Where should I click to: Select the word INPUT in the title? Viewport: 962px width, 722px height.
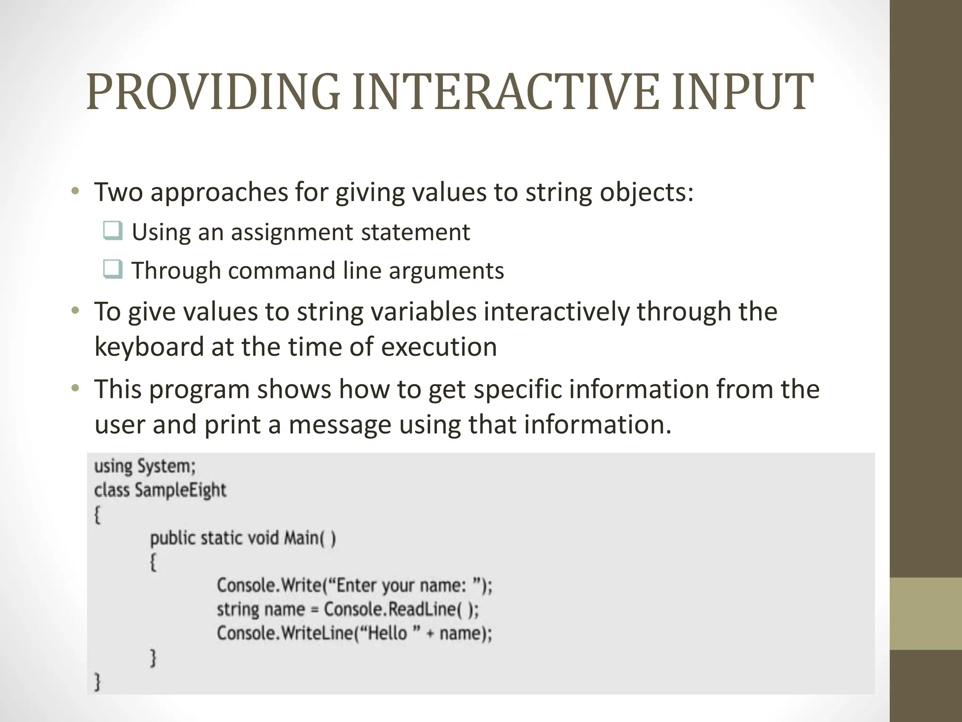[x=742, y=93]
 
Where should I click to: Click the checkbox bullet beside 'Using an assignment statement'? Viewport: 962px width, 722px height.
[x=113, y=231]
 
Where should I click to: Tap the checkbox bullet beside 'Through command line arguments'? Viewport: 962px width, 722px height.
[x=113, y=269]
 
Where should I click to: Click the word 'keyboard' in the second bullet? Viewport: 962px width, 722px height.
[x=149, y=347]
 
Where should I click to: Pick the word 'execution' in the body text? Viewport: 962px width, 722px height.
[x=439, y=347]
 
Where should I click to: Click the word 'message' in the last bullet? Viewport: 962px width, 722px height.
[x=340, y=424]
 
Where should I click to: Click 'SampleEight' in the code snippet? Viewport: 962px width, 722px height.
[x=180, y=490]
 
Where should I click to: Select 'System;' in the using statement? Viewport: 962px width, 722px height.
[x=166, y=466]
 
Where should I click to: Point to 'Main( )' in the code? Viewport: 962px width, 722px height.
[x=310, y=538]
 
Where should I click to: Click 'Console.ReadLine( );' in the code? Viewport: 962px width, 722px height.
[x=402, y=610]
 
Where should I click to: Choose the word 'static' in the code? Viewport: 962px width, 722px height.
[x=221, y=538]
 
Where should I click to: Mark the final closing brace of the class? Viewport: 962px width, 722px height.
[x=98, y=681]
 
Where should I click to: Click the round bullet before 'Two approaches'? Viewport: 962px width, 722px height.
[x=75, y=191]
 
